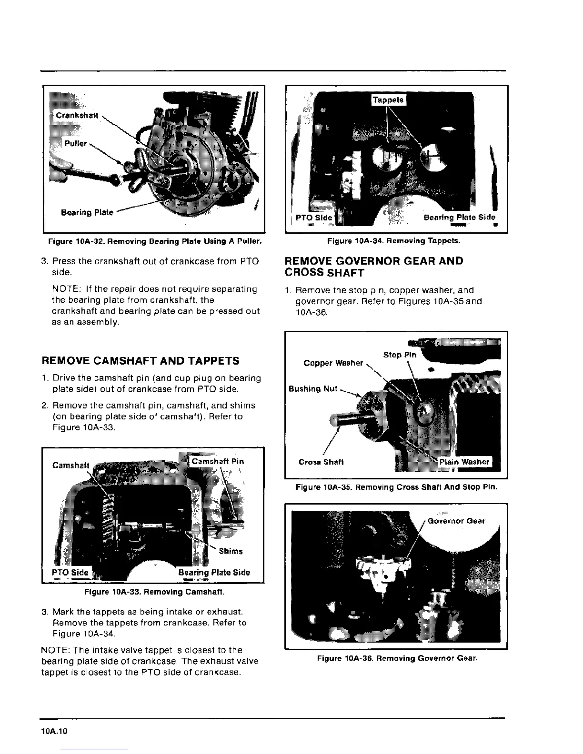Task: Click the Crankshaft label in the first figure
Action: pyautogui.click(x=77, y=115)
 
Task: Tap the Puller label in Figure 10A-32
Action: pyautogui.click(x=76, y=143)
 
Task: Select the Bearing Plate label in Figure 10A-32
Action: pyautogui.click(x=87, y=212)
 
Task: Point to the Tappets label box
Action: pyautogui.click(x=388, y=99)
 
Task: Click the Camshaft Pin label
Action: pyautogui.click(x=217, y=461)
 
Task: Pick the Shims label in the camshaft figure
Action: pyautogui.click(x=231, y=551)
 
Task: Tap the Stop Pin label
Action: pyautogui.click(x=400, y=355)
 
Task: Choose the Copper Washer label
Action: pyautogui.click(x=333, y=363)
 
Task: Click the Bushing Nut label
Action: pyautogui.click(x=312, y=389)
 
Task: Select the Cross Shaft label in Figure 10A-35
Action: pyautogui.click(x=321, y=462)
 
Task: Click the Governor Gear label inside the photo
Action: pyautogui.click(x=456, y=521)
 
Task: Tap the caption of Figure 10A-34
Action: pyautogui.click(x=393, y=241)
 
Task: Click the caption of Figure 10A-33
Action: pyautogui.click(x=154, y=592)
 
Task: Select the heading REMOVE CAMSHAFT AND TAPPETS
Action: pyautogui.click(x=141, y=361)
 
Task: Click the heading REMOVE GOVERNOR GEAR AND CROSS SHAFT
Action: pyautogui.click(x=373, y=267)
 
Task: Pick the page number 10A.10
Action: pyautogui.click(x=55, y=732)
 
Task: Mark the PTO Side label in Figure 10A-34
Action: pyautogui.click(x=313, y=218)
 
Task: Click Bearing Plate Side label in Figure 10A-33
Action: pyautogui.click(x=214, y=573)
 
